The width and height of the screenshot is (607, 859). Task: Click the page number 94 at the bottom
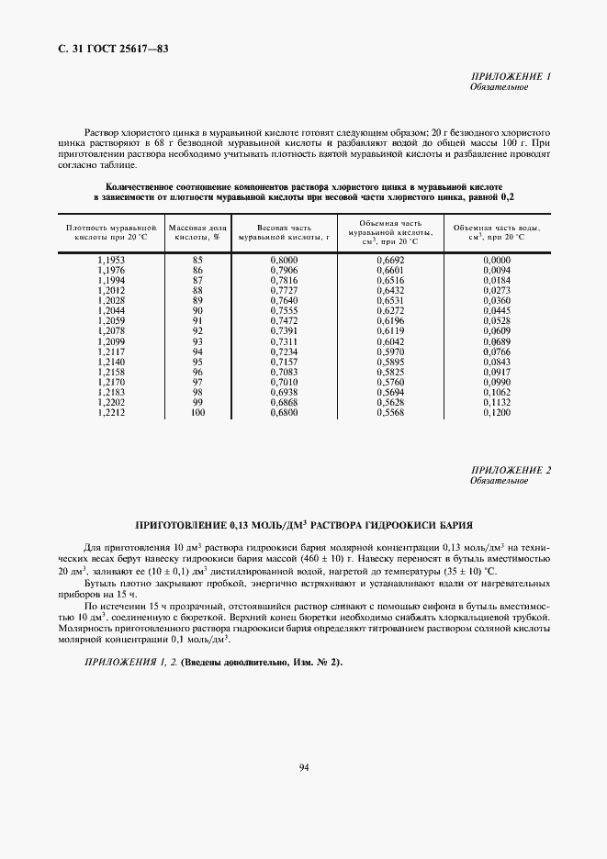[303, 767]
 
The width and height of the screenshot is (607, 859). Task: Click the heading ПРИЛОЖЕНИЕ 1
[511, 77]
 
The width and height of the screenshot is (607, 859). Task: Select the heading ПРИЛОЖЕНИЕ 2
[511, 471]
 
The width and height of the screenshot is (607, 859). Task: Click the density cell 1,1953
[109, 260]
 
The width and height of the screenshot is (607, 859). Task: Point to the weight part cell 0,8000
[285, 260]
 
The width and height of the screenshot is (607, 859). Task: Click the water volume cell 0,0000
[496, 260]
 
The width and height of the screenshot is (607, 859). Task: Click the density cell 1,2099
[109, 341]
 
